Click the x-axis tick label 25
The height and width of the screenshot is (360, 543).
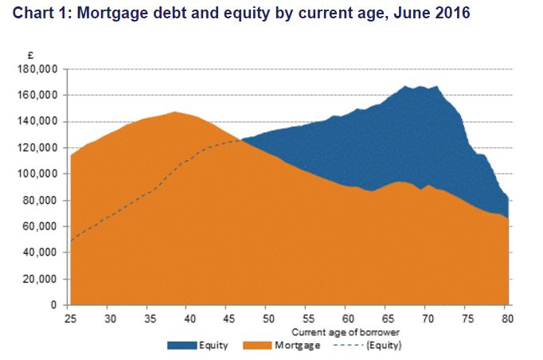[x=71, y=318]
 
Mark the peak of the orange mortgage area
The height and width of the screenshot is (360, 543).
[x=174, y=112]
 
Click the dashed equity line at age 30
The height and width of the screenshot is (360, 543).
[x=110, y=216]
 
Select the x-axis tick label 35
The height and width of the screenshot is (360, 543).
[x=150, y=318]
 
